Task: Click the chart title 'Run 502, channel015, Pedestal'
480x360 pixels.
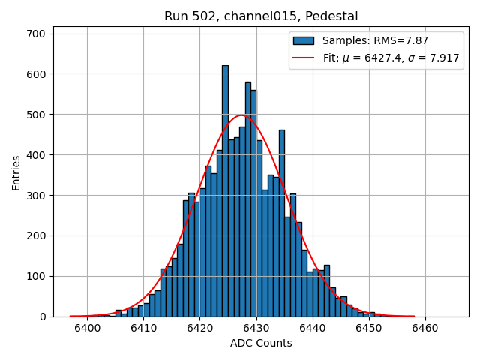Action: (x=261, y=16)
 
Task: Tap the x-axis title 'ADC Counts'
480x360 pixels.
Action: (x=261, y=343)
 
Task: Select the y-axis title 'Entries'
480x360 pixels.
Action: (x=16, y=172)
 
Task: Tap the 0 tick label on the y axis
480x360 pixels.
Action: (x=43, y=316)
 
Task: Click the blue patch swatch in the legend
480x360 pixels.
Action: (x=303, y=40)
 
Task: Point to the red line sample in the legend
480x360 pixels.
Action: (x=303, y=57)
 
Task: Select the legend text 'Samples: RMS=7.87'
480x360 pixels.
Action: (x=375, y=40)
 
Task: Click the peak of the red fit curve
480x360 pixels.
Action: (x=241, y=115)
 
